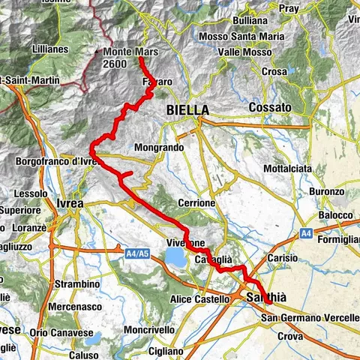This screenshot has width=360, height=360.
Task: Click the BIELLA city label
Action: tap(187, 110)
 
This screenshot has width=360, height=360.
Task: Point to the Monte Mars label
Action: tap(129, 52)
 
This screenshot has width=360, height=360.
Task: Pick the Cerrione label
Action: tap(196, 203)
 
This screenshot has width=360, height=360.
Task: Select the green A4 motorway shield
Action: tap(306, 234)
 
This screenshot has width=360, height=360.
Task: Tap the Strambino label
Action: tap(77, 285)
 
